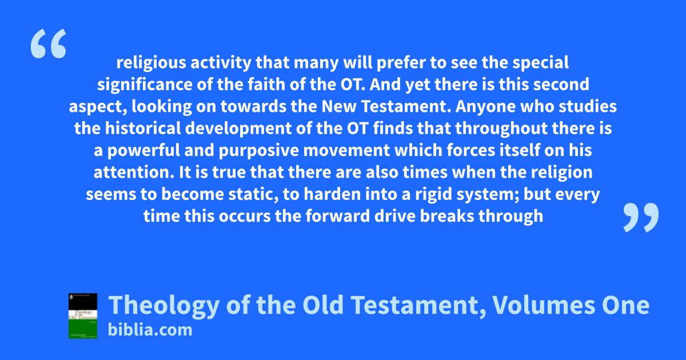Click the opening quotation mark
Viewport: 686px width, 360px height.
(49, 43)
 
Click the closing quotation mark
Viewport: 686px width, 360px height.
(641, 218)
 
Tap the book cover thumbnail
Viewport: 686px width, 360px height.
(83, 316)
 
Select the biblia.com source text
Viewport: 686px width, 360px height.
(150, 330)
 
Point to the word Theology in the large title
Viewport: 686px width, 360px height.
(164, 306)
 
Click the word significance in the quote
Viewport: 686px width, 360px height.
(145, 85)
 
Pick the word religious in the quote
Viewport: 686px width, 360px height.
(151, 63)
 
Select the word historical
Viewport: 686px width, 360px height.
(143, 128)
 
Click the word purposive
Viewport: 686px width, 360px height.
(258, 151)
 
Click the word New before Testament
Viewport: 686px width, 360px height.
(339, 106)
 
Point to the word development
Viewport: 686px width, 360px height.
(238, 129)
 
